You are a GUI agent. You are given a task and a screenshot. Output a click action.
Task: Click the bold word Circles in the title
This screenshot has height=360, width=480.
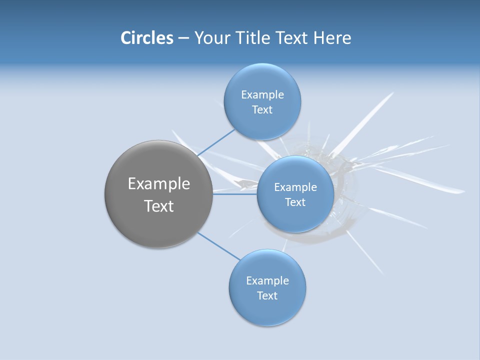pos(147,38)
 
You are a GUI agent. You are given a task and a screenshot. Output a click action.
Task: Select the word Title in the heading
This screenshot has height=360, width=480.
pos(255,38)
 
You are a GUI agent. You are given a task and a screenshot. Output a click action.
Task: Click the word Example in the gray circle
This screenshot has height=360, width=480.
pos(159,184)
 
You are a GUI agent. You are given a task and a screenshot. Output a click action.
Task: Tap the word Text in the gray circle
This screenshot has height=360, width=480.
pos(159,206)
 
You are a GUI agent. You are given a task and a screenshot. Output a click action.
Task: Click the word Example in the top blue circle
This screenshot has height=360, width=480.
pos(262,95)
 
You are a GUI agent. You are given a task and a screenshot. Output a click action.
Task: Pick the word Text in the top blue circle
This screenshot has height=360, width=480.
pos(262,110)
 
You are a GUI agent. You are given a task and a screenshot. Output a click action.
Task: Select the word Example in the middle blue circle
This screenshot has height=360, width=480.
pos(295,187)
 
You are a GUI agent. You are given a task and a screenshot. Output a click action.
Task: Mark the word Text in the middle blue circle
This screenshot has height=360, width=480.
pos(295,202)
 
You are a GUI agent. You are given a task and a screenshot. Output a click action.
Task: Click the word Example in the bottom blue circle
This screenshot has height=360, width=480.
pos(267,281)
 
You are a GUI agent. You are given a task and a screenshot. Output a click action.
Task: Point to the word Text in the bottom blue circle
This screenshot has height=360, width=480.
pos(267,296)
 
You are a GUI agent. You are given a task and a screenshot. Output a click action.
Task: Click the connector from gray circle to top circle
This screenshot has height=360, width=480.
pos(216,143)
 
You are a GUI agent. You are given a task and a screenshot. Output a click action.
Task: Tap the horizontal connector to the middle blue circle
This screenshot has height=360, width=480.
pos(235,194)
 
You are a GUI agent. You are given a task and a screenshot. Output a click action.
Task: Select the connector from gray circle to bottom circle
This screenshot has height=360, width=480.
pos(219,246)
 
